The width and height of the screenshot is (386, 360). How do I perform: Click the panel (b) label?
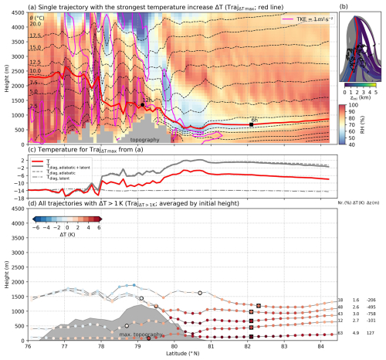tap(344, 7)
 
